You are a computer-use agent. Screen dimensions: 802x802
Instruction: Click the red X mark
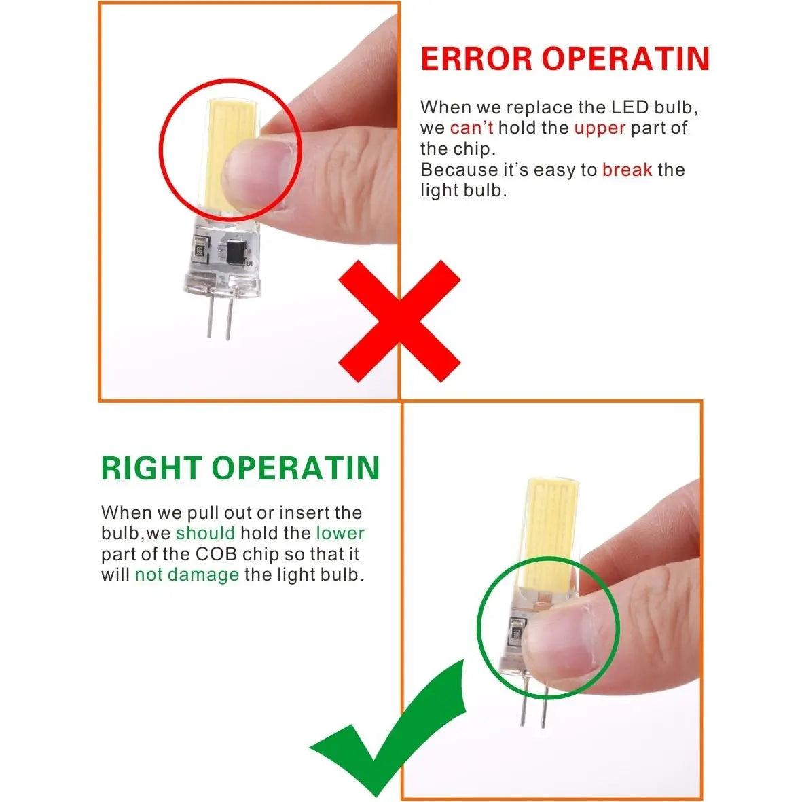399,321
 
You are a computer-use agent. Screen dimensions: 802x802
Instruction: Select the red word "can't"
471,128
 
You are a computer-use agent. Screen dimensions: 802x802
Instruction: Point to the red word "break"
627,169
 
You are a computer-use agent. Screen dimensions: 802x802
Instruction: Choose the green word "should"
205,533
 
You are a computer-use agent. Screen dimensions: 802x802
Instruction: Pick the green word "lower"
340,533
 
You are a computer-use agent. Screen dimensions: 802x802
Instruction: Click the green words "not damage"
187,575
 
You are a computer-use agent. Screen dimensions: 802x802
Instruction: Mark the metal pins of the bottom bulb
534,705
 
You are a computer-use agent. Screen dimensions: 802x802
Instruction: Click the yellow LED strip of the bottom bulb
545,537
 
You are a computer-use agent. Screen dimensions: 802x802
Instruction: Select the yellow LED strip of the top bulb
225,148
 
